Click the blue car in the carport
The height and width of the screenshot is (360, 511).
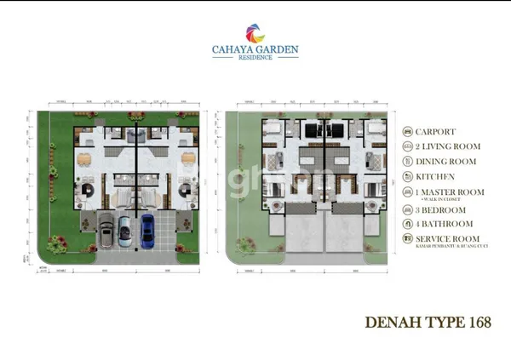pos(146,229)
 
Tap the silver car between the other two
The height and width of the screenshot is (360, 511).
pos(124,231)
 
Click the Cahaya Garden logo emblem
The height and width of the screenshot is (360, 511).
pos(255,34)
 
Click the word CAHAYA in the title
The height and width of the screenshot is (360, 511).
pos(232,50)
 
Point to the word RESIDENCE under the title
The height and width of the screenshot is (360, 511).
pos(255,59)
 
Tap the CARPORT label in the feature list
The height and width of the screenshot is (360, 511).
pos(435,132)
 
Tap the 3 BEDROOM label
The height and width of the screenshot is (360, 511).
pos(444,209)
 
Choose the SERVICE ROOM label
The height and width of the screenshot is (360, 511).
pos(447,239)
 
